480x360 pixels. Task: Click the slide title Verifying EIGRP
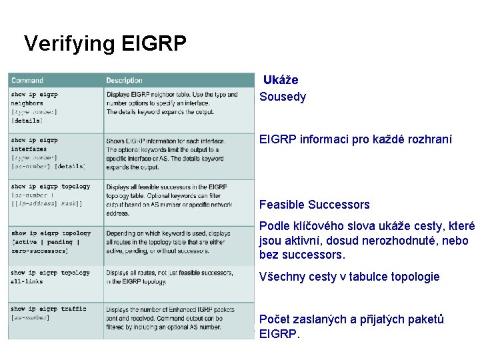pyautogui.click(x=105, y=43)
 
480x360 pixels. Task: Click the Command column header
pyautogui.click(x=27, y=81)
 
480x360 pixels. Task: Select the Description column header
pyautogui.click(x=124, y=81)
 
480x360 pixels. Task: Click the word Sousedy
pyautogui.click(x=283, y=97)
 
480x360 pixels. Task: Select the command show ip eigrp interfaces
pyautogui.click(x=34, y=145)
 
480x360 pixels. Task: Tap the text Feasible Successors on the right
pyautogui.click(x=314, y=205)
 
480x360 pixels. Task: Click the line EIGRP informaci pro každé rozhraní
pyautogui.click(x=355, y=140)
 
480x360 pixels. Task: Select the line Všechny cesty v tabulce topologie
pyautogui.click(x=349, y=277)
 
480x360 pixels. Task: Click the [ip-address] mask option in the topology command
pyautogui.click(x=47, y=203)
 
